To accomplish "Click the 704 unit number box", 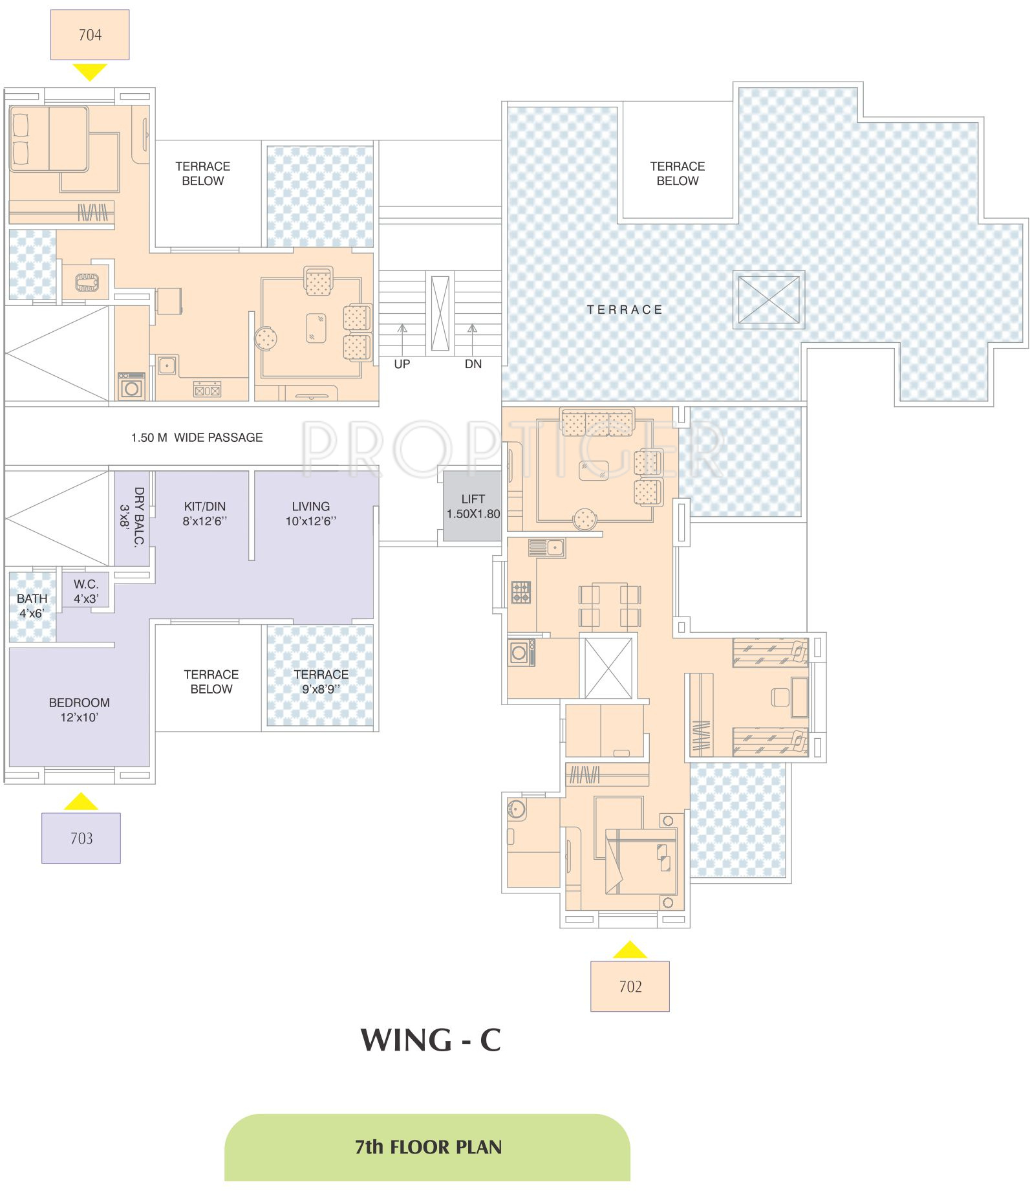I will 90,35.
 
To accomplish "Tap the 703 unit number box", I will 81,838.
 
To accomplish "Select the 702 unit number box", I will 630,986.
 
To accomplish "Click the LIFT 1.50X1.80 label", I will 473,506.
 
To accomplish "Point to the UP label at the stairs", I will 402,364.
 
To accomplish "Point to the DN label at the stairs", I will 473,364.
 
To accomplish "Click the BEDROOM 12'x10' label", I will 80,710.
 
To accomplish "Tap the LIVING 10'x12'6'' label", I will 311,514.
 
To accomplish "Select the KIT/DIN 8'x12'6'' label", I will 205,514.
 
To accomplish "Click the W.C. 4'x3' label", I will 86,591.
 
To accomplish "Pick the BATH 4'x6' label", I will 32,606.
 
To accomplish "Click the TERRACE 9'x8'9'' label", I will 321,681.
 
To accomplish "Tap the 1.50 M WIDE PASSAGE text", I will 197,437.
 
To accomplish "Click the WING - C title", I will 431,1040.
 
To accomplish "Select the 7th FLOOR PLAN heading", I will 428,1147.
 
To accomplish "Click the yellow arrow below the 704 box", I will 90,71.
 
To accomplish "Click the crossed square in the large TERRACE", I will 768,300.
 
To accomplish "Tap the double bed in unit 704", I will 49,139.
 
